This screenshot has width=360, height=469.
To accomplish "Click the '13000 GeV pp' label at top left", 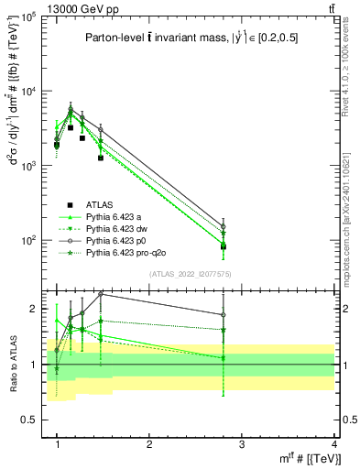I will (x=42, y=8).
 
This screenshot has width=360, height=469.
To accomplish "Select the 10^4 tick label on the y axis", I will (x=27, y=92).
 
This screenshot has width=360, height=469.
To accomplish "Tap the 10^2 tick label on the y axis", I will (x=27, y=241).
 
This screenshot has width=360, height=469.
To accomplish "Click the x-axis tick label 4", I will (x=333, y=444).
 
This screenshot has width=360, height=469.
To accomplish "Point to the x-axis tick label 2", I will (x=149, y=444).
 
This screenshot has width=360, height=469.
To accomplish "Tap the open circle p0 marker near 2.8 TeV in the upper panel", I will (x=223, y=226).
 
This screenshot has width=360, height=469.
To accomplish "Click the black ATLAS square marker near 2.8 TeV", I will (x=223, y=246).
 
